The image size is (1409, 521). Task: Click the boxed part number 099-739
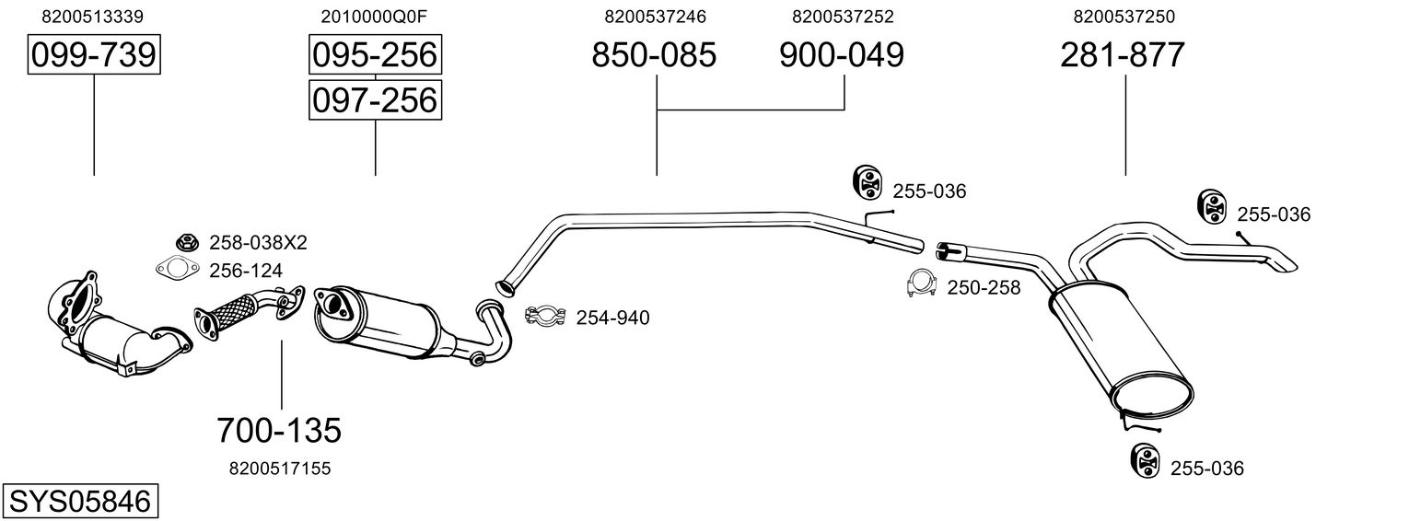point(94,54)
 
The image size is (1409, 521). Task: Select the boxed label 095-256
point(375,54)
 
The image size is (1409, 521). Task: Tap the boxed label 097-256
point(375,99)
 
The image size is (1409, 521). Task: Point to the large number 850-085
point(654,54)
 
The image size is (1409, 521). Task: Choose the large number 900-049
point(842,54)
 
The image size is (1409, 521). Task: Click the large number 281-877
point(1123,54)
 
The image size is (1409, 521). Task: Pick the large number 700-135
point(279,431)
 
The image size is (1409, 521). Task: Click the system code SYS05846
point(80,502)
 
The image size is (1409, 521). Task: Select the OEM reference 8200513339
point(92,17)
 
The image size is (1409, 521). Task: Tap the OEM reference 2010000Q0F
point(374,17)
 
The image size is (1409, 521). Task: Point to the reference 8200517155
point(280,469)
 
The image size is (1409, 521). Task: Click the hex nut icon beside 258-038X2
point(187,241)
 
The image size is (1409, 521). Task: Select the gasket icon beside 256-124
point(178,269)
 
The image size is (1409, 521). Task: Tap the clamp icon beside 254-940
point(545,316)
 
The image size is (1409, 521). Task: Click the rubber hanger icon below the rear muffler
point(1145,460)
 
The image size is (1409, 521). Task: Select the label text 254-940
point(612,318)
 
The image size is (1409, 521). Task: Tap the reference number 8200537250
point(1124,17)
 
